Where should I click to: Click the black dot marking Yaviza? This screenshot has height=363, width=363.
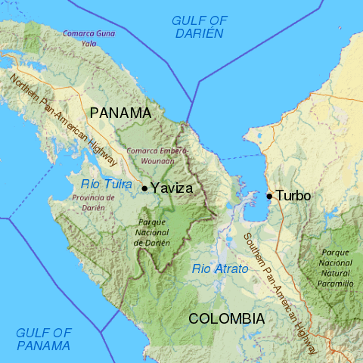(x=144, y=188)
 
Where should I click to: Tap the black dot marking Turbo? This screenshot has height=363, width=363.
(x=269, y=196)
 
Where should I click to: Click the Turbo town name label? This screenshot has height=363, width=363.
(x=293, y=196)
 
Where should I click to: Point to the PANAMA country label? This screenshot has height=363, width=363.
(x=120, y=113)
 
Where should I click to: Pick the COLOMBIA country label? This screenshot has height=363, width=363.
(x=227, y=318)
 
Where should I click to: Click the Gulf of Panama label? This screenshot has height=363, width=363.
(x=44, y=339)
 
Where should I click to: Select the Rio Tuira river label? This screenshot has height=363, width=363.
(x=107, y=183)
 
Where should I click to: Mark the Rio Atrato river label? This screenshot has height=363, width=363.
(x=220, y=268)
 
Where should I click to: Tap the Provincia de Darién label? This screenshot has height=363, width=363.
(x=93, y=202)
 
